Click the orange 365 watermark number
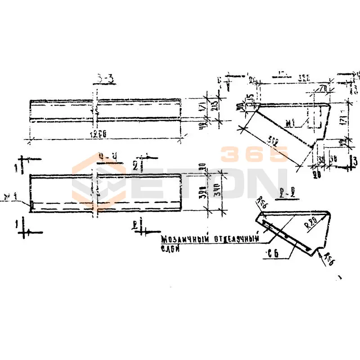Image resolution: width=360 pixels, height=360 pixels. pyautogui.click(x=254, y=154)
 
